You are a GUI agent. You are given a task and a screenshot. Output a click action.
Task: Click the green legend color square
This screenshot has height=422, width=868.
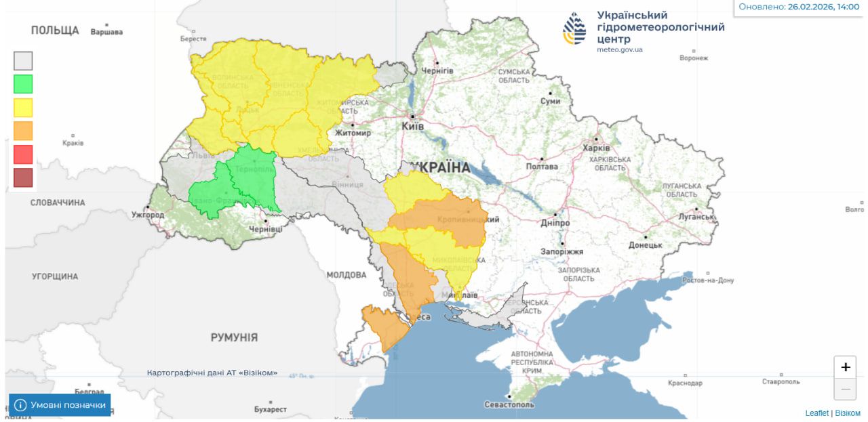click(23, 84)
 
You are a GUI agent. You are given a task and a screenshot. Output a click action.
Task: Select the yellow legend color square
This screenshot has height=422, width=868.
click(23, 108)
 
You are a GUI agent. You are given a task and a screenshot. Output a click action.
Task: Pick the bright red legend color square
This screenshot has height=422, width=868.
click(23, 154)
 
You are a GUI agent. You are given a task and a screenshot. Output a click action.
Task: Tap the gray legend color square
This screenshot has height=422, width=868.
click(23, 61)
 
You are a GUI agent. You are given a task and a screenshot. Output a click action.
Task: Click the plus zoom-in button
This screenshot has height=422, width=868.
click(845, 367)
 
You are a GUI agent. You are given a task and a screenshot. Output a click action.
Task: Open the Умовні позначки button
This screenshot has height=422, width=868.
click(60, 405)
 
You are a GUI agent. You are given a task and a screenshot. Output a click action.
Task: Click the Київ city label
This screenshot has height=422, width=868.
click(412, 126)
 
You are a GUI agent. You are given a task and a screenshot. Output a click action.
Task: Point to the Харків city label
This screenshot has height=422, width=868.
click(597, 148)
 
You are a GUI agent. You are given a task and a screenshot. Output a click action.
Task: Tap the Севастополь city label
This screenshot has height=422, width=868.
click(509, 404)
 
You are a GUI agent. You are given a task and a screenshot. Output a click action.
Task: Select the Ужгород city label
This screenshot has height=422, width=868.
click(148, 215)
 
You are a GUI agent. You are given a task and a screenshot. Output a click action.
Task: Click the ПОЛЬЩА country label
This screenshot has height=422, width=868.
click(55, 30)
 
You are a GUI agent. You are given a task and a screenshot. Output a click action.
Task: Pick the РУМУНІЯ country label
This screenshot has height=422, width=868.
click(234, 337)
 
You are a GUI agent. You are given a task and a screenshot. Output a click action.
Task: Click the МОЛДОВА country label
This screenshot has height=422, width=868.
click(346, 275)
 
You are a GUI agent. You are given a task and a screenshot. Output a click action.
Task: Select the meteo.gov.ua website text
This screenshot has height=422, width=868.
click(620, 49)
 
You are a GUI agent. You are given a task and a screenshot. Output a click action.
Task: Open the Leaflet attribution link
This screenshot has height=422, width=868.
click(816, 413)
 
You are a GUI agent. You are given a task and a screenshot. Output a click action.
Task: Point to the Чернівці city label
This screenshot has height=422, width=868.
click(266, 230)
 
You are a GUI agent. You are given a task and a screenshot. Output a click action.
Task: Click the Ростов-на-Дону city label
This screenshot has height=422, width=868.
click(708, 280)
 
